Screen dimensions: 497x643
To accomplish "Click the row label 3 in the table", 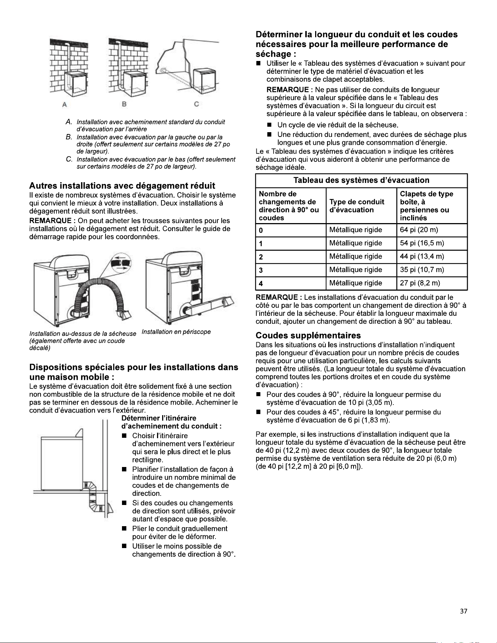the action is pyautogui.click(x=261, y=270).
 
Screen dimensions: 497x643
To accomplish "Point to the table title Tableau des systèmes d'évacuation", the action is pyautogui.click(x=362, y=180).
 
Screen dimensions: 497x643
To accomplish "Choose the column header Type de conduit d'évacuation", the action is pyautogui.click(x=357, y=206).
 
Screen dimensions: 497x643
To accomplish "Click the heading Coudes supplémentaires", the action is pyautogui.click(x=308, y=336).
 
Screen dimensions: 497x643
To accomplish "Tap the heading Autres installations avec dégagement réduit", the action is pyautogui.click(x=122, y=186).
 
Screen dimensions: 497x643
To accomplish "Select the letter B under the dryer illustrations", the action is pyautogui.click(x=124, y=104).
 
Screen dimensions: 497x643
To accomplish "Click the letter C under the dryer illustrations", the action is pyautogui.click(x=196, y=104).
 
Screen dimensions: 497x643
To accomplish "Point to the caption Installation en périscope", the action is pyautogui.click(x=176, y=332).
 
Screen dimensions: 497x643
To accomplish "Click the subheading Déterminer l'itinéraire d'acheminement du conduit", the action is pyautogui.click(x=172, y=422).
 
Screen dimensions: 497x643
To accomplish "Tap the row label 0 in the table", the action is pyautogui.click(x=261, y=230).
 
